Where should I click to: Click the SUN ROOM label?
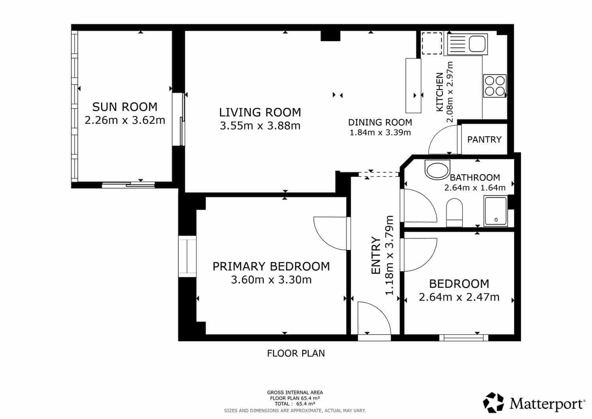click(125, 107)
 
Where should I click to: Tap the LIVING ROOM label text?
click(260, 113)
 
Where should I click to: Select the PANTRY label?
click(484, 139)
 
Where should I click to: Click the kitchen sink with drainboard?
click(466, 44)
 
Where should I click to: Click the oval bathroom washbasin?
click(437, 169)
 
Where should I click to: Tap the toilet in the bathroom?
click(454, 213)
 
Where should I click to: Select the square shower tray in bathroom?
click(496, 212)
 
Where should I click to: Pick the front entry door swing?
click(373, 318)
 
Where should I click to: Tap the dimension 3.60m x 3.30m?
click(271, 280)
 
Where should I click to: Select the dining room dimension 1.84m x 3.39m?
click(380, 133)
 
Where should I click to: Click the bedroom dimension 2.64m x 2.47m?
click(459, 297)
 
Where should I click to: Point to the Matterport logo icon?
click(494, 403)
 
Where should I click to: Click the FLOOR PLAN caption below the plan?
click(296, 353)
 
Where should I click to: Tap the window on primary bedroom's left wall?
click(187, 256)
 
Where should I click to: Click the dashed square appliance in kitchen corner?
click(432, 43)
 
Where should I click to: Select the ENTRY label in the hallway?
click(375, 256)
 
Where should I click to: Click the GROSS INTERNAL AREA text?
click(295, 393)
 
